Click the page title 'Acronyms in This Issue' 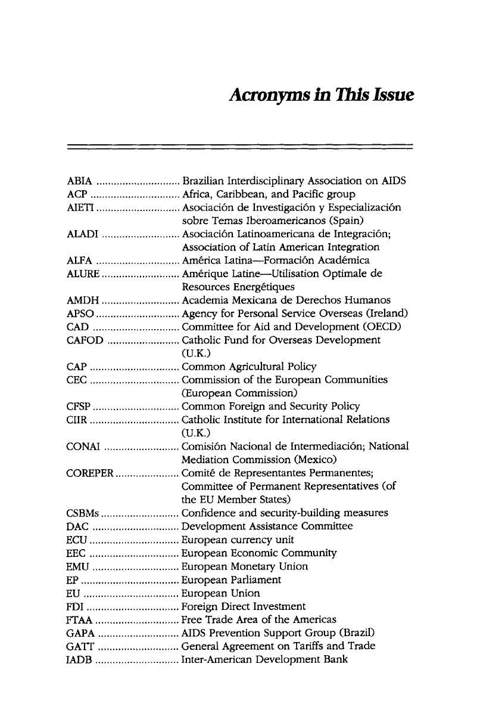(321, 95)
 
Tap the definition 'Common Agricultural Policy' (249, 367)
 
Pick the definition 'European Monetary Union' (245, 566)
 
